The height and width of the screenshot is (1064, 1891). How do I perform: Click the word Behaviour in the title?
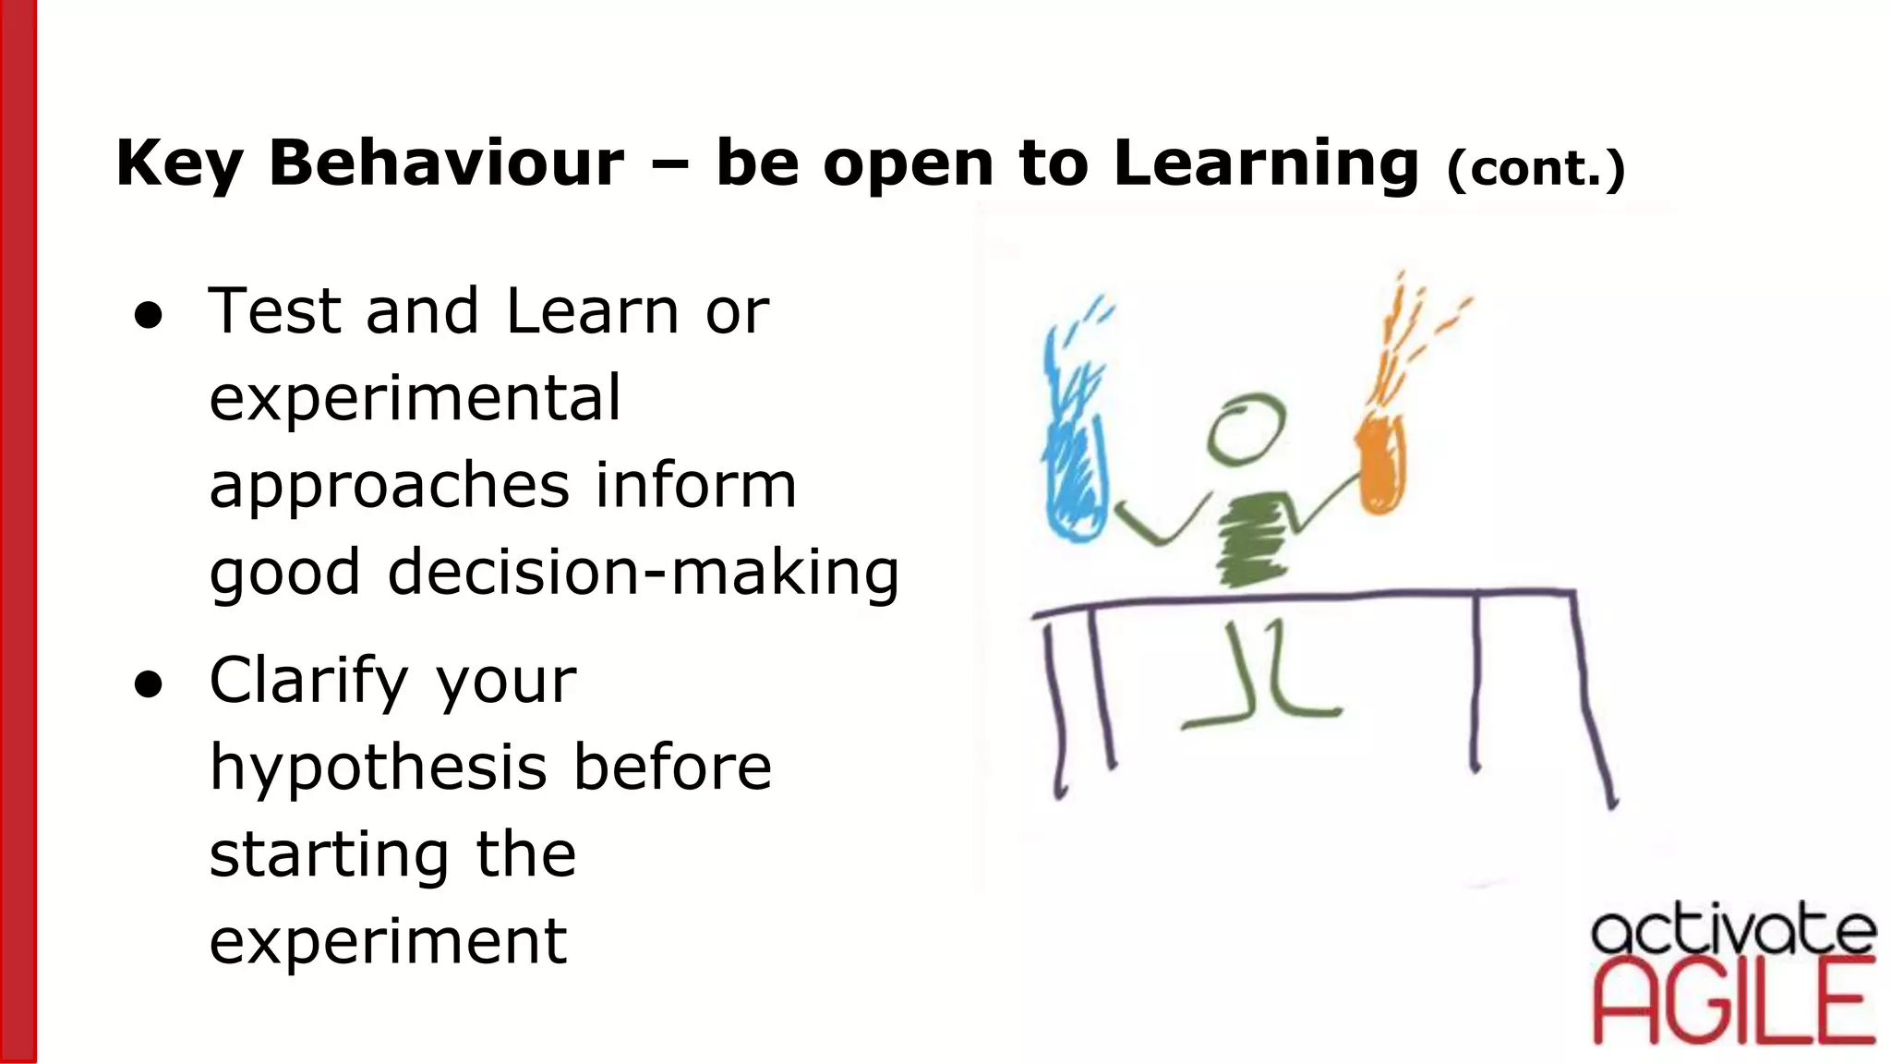[446, 163]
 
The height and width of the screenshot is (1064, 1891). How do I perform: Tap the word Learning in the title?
[1266, 163]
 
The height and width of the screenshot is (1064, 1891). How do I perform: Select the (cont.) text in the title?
[1536, 168]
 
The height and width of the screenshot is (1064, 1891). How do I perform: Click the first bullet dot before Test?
[148, 315]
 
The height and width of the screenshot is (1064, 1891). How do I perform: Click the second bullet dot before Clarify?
[148, 684]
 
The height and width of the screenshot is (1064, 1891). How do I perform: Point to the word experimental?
[416, 399]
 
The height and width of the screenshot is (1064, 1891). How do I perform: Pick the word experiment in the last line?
[388, 942]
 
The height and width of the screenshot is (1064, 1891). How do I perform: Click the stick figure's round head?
[1246, 429]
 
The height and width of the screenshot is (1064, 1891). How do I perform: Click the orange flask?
[1381, 466]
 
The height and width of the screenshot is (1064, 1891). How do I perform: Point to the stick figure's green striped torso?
[1251, 538]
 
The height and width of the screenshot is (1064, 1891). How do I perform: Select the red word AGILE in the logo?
[1733, 1002]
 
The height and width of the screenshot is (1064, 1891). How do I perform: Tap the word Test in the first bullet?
[274, 311]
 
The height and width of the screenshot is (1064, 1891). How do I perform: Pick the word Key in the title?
[178, 163]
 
